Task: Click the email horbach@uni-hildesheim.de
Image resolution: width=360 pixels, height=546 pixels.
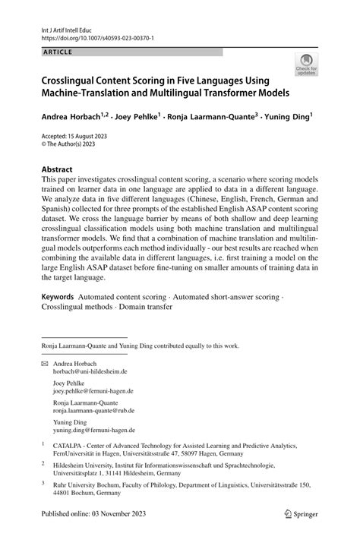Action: click(90, 373)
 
